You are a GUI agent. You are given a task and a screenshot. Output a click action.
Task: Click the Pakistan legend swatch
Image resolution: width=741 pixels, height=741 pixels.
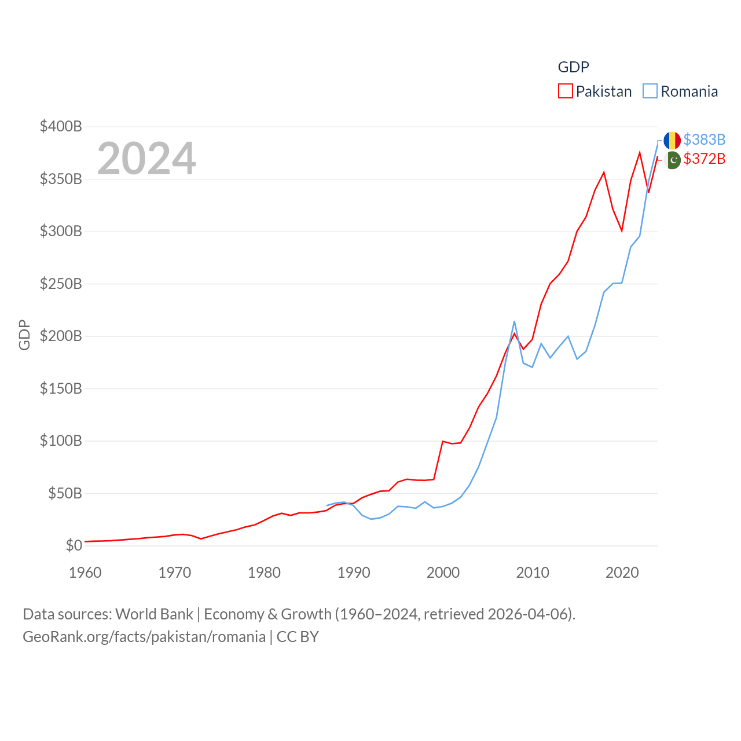point(565,91)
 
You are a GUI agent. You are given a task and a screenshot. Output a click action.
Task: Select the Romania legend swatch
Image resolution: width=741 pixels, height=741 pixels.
point(650,91)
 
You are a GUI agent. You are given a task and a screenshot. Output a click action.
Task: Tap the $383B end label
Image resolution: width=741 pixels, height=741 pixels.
point(704,140)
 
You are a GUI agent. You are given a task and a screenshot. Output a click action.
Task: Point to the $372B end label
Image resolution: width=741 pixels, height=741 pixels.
point(704,159)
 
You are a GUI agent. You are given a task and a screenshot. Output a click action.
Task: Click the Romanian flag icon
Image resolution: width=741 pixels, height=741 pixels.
point(672,140)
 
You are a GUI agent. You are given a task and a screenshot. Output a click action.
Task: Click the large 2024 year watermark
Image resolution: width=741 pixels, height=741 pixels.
point(146,158)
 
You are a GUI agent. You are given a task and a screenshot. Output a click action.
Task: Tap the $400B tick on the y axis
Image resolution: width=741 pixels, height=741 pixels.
point(61,126)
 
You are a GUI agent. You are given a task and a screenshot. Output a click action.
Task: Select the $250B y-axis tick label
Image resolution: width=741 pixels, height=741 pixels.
point(61,284)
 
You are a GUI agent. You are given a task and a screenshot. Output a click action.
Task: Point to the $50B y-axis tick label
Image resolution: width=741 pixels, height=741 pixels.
point(65,493)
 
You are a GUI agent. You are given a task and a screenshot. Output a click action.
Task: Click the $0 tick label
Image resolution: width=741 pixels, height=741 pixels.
point(74,545)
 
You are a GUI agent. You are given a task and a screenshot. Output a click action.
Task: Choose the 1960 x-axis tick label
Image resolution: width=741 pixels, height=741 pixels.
point(85,573)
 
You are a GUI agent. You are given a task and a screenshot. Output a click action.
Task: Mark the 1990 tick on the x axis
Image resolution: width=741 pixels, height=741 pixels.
point(354,573)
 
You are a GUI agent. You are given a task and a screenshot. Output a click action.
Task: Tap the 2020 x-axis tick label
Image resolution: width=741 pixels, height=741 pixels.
point(622,573)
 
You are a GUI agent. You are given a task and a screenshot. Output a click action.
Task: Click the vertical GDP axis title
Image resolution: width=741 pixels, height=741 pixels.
point(24,335)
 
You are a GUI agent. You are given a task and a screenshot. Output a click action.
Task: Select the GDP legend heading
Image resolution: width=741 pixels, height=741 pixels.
point(573,67)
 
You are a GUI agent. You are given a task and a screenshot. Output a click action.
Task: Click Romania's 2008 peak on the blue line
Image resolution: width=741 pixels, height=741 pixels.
point(514,321)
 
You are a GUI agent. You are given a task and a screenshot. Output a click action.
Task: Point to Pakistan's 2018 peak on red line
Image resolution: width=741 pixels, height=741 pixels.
point(604,172)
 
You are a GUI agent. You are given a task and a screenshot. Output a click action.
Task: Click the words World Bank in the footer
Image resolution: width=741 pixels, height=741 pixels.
point(154,614)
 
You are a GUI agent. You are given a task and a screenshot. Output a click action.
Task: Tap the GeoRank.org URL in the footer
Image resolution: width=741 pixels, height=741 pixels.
point(144,637)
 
